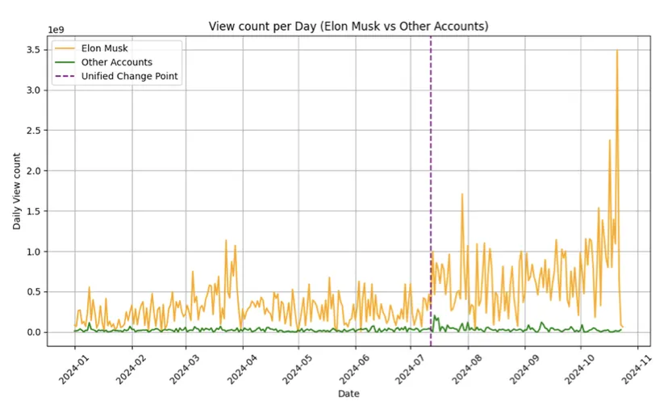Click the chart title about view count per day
(348, 26)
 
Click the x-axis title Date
(348, 394)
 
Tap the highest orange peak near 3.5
(617, 52)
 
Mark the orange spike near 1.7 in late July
(461, 194)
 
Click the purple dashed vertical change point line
(431, 161)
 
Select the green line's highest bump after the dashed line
(436, 317)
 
